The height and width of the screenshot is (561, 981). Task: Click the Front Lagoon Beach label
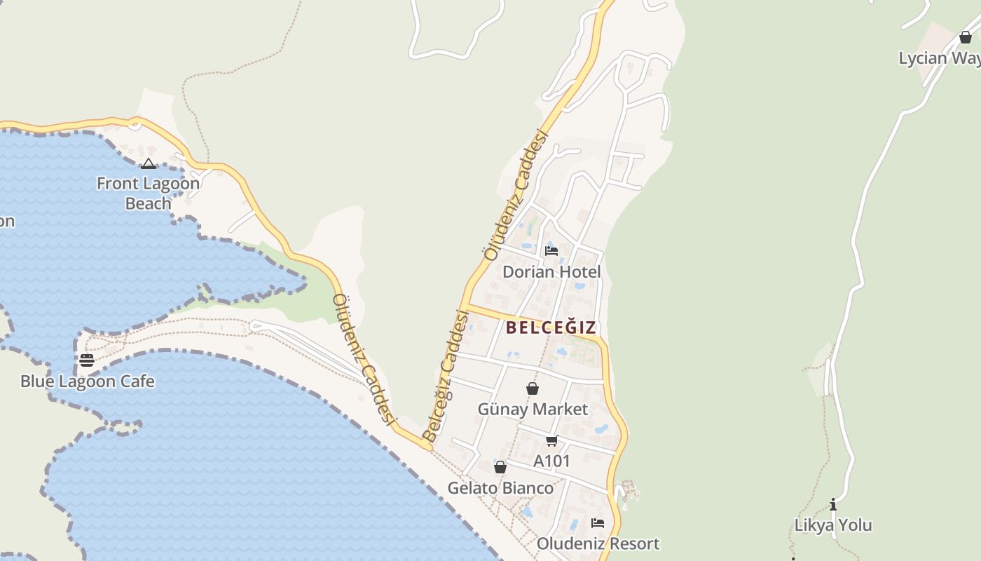(148, 194)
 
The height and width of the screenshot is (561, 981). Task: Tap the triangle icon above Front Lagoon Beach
(148, 164)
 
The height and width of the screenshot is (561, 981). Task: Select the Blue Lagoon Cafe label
(87, 381)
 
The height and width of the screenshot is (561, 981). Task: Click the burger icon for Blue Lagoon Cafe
(87, 360)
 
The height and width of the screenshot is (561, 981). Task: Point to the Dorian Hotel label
(551, 271)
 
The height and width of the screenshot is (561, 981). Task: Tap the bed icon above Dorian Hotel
(551, 250)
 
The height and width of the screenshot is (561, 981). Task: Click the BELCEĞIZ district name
(551, 327)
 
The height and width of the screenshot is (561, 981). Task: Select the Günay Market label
(533, 409)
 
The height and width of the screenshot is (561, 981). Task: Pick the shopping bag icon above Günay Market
(533, 388)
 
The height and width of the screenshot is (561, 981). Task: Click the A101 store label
(552, 461)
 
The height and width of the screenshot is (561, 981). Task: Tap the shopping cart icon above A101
(552, 440)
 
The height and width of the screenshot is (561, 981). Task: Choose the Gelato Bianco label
(500, 487)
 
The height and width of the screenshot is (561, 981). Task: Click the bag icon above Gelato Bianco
(500, 467)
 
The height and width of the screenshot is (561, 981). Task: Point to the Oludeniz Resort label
(598, 543)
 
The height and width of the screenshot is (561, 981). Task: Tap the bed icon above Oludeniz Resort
(598, 522)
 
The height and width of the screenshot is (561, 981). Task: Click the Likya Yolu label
(833, 525)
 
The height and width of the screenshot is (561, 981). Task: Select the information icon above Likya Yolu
(833, 504)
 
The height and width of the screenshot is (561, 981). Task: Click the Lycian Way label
(940, 58)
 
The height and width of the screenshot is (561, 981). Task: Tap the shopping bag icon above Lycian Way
(966, 37)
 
